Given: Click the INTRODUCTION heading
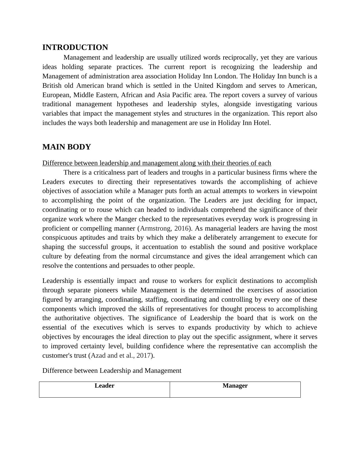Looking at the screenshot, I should [x=75, y=48].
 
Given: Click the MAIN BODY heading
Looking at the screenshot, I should [x=67, y=147].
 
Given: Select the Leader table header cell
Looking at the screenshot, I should [x=104, y=386].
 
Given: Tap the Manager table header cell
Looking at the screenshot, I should [x=235, y=386].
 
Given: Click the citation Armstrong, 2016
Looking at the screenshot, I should [x=164, y=228].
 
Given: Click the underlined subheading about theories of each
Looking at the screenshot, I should [x=157, y=163].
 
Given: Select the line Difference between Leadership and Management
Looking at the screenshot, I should [x=112, y=371].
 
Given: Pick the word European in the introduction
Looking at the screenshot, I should [x=56, y=95].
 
